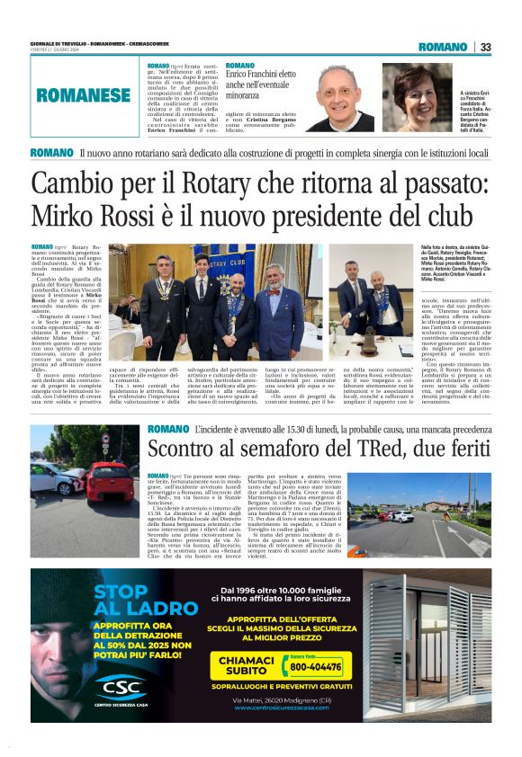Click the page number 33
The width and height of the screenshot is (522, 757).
pyautogui.click(x=486, y=47)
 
